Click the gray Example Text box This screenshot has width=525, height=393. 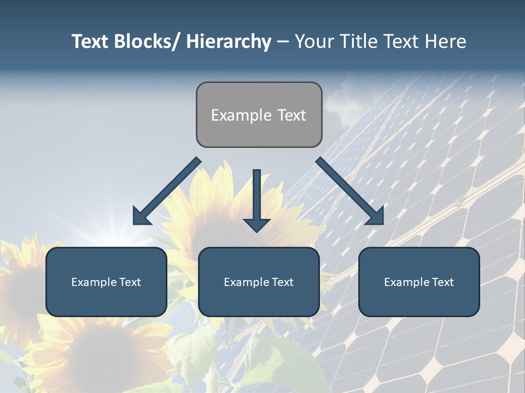coord(259,115)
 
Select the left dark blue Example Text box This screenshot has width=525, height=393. coord(106,282)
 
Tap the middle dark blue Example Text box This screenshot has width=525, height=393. coord(259,282)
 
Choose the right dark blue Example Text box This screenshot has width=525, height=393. coord(419,282)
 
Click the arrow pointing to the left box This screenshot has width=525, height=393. coord(167,191)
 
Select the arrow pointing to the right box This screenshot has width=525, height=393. coord(350,191)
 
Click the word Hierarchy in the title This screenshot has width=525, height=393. coord(229,41)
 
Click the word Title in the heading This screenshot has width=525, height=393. coord(353,41)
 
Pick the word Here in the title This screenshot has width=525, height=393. coord(446,41)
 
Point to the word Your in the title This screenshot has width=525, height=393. coord(314,41)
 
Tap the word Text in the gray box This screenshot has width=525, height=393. coord(291,115)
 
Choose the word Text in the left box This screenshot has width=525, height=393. coord(130,282)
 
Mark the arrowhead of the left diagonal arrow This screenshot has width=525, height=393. coord(141,217)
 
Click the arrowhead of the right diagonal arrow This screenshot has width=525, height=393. coord(375,217)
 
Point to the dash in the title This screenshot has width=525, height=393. coord(283,42)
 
